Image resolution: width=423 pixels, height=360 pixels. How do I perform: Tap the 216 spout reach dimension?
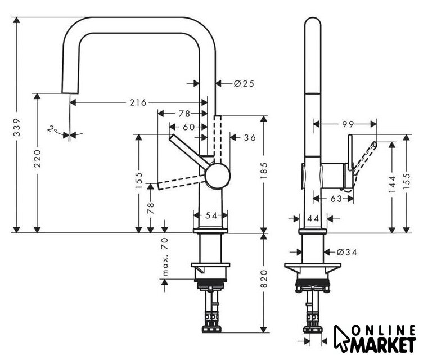point(137,102)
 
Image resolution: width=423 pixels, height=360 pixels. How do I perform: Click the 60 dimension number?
point(188,127)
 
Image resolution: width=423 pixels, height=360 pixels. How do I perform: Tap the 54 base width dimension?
point(210,215)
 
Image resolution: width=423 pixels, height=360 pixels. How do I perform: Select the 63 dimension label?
point(336,198)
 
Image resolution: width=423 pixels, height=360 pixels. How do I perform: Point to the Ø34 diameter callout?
point(346,252)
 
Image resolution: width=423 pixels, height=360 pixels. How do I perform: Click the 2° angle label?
point(54,130)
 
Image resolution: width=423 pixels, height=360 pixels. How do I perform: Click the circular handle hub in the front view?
point(217,175)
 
